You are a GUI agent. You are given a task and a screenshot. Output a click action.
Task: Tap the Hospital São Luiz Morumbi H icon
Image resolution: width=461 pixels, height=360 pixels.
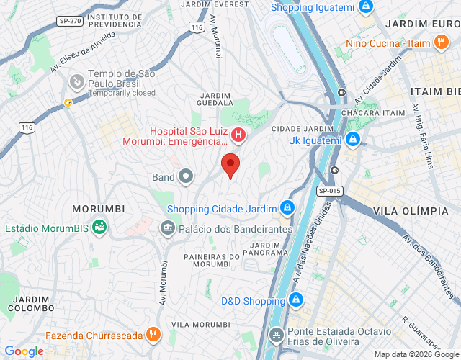238,135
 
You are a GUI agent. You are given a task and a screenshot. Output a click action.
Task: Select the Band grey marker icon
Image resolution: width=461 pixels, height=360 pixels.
186,176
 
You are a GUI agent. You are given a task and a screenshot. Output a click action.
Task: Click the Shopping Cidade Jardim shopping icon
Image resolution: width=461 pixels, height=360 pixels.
287,209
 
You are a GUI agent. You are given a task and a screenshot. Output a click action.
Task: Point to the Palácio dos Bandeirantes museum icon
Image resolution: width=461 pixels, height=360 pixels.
168,228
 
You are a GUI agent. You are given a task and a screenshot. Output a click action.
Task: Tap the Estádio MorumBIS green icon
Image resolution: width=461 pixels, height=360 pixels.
100,228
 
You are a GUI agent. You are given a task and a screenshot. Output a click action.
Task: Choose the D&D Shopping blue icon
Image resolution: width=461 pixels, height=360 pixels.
294,300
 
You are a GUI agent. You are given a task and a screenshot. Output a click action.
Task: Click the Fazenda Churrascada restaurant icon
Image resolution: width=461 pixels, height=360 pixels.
152,335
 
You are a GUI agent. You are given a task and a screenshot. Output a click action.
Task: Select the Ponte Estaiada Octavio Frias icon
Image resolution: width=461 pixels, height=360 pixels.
276,335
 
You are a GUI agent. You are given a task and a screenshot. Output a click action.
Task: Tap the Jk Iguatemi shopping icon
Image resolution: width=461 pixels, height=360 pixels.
352,140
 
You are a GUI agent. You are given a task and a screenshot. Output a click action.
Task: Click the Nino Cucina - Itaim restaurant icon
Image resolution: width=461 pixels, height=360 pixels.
441,43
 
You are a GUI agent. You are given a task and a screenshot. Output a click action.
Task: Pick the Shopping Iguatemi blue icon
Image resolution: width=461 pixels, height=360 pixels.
366,7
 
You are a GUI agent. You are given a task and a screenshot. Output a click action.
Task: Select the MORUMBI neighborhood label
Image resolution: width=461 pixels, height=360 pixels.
99,209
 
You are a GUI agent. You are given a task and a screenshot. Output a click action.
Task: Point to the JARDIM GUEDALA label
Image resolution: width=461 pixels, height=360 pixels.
215,99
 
